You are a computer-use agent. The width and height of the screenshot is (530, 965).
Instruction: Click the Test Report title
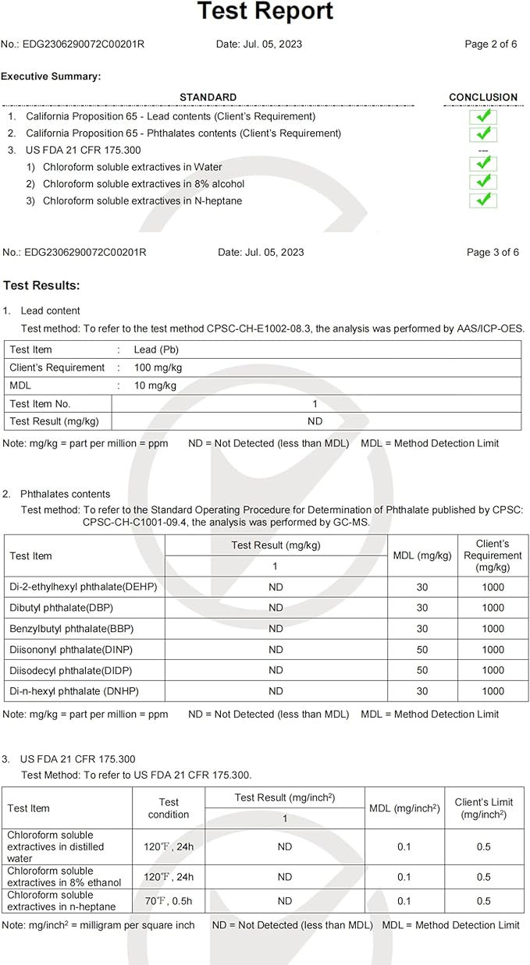(x=265, y=12)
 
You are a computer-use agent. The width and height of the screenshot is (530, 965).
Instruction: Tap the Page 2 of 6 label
(x=490, y=44)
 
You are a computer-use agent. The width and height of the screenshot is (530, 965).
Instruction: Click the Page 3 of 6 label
(x=492, y=252)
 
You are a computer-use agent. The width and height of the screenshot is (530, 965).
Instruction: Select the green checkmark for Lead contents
(x=483, y=117)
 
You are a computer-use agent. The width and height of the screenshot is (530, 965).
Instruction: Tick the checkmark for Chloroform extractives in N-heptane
(x=483, y=200)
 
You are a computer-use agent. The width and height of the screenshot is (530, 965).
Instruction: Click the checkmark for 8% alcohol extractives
(x=483, y=182)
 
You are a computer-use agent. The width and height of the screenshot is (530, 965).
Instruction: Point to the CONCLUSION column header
(x=483, y=98)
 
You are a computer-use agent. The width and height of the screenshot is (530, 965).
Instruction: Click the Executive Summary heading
(x=51, y=76)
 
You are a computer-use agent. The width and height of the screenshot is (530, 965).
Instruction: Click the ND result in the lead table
(x=315, y=421)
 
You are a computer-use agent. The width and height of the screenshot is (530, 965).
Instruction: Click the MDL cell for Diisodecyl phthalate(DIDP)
(x=422, y=670)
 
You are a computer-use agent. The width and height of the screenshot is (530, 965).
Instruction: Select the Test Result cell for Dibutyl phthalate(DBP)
(x=276, y=608)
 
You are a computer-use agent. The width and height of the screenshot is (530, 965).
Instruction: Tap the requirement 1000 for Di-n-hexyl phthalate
(x=493, y=690)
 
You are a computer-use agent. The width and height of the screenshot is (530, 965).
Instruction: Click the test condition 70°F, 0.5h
(x=169, y=901)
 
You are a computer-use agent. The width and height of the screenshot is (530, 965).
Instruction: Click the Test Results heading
(x=41, y=286)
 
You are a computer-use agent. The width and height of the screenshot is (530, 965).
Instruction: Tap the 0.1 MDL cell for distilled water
(x=404, y=847)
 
